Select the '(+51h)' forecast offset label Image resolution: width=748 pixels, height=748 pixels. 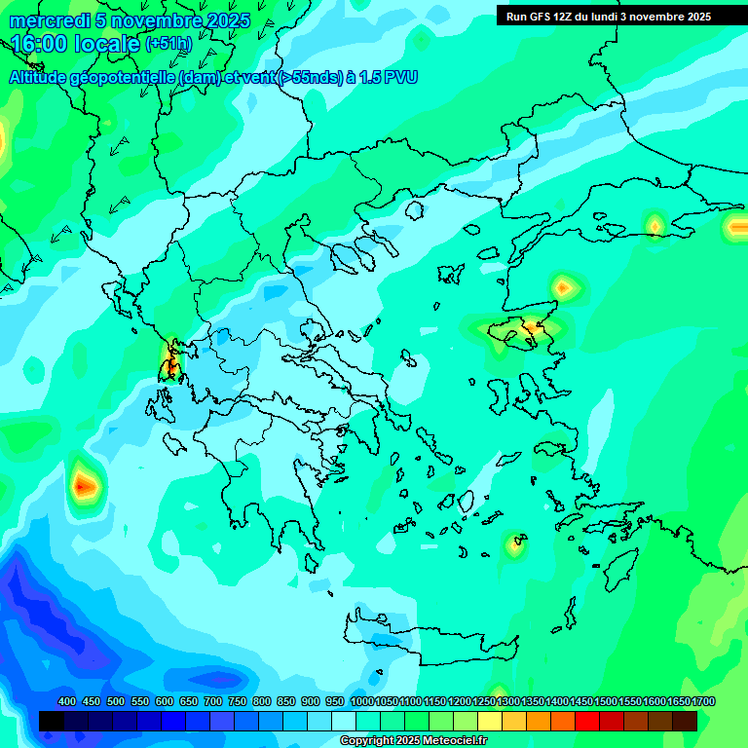168,44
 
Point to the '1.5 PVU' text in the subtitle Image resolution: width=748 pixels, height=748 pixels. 388,78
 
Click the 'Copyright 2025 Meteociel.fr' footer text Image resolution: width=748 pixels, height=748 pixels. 413,741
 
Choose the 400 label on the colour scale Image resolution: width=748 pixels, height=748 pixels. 67,701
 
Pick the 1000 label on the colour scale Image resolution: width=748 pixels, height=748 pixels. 361,701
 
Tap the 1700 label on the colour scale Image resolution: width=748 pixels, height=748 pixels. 703,701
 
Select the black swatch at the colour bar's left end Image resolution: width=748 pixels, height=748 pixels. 52,721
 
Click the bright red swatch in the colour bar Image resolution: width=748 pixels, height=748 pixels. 587,721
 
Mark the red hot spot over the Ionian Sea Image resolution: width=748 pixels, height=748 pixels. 85,482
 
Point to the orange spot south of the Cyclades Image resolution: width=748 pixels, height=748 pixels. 514,544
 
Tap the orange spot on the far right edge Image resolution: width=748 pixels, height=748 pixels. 737,227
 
